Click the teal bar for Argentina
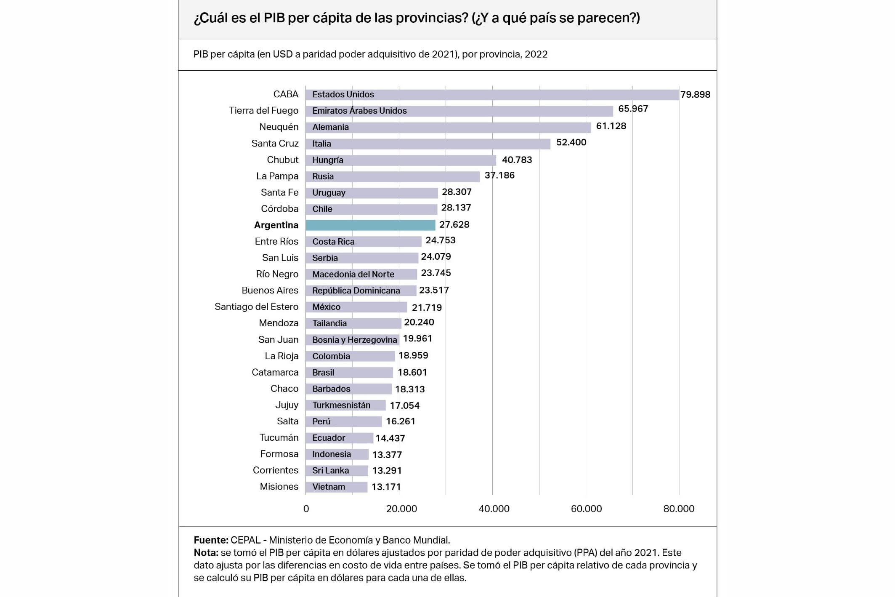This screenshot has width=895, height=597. click(370, 225)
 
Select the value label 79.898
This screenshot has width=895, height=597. click(695, 95)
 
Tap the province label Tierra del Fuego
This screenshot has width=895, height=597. click(263, 111)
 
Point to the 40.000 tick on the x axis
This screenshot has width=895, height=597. click(494, 509)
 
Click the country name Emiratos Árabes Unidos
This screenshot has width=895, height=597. click(359, 111)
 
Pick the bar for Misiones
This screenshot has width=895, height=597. click(337, 487)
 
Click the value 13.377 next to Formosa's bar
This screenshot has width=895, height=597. click(387, 455)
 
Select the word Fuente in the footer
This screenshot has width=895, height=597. click(210, 540)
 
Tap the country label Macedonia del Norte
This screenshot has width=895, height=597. click(353, 275)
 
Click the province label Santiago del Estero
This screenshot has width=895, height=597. click(256, 307)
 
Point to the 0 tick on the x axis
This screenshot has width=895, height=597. click(306, 509)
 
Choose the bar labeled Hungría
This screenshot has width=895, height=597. click(401, 160)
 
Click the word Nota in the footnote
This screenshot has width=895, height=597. click(205, 553)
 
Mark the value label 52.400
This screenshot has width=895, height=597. click(571, 142)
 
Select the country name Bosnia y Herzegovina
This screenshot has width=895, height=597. click(354, 340)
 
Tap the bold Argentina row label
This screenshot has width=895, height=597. click(276, 225)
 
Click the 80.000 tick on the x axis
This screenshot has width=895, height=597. click(678, 509)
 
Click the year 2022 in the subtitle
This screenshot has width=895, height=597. click(536, 54)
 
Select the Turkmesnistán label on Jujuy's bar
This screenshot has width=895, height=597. click(341, 405)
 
